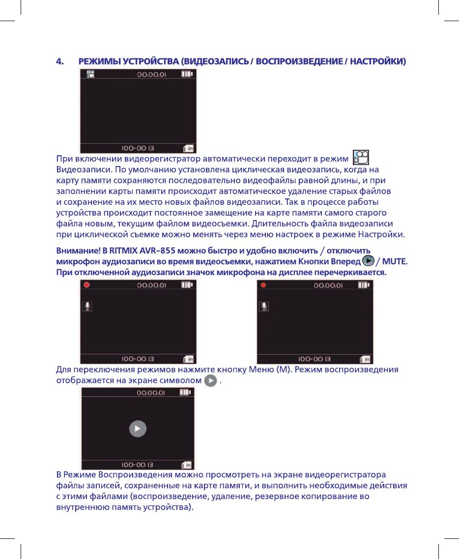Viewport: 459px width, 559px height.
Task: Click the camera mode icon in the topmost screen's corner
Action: pos(90,74)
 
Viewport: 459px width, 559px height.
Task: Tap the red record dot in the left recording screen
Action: pos(87,284)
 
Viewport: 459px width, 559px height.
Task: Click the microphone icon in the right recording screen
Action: pos(264,306)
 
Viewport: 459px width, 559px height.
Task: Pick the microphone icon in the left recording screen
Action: pos(87,306)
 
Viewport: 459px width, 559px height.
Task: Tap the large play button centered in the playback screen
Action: pos(138,429)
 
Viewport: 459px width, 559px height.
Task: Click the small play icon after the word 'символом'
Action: pos(210,381)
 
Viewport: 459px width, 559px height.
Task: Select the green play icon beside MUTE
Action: pos(367,260)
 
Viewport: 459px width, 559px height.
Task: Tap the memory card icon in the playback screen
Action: pos(187,464)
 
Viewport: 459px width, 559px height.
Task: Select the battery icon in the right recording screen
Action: pos(363,284)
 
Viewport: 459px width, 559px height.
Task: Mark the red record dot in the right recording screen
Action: pos(264,284)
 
